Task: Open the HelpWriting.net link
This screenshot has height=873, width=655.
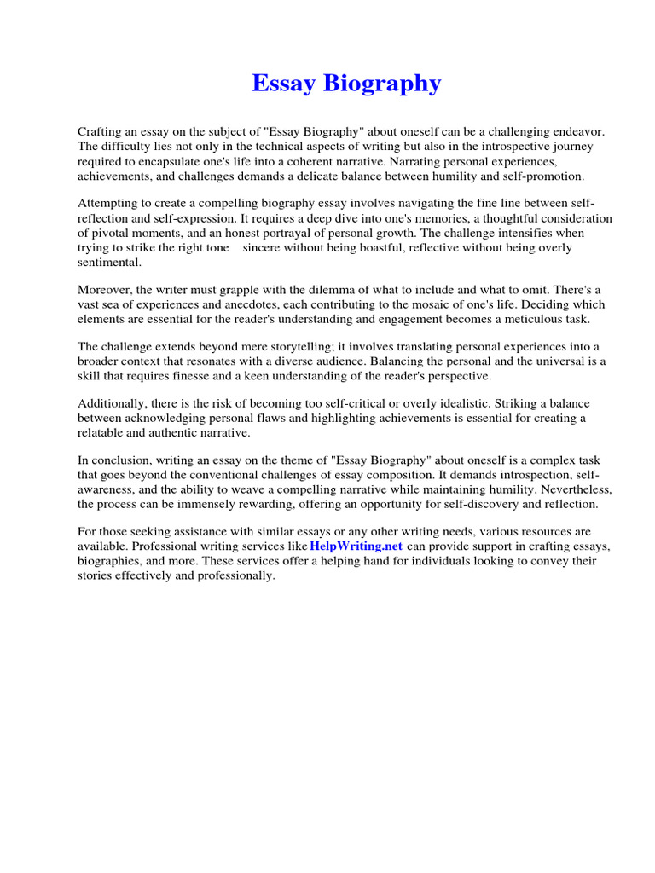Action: pos(356,546)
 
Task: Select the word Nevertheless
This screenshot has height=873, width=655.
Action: pos(571,489)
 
